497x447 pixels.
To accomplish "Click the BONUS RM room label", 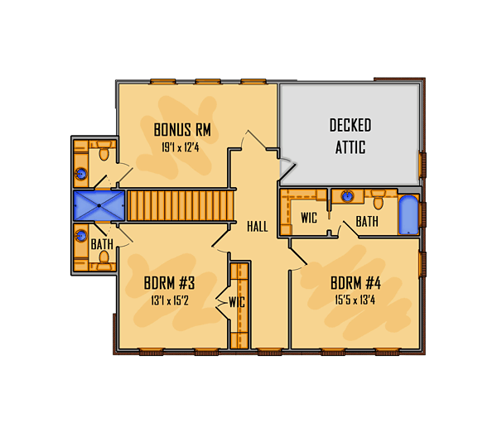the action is [x=182, y=130].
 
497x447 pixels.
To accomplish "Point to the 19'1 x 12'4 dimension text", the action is [x=181, y=147].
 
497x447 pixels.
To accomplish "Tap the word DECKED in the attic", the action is [x=350, y=125].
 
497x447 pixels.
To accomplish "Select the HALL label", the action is [x=258, y=227].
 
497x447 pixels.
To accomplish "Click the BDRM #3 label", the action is [x=169, y=283].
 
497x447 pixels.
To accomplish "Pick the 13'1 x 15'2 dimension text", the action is [x=170, y=300].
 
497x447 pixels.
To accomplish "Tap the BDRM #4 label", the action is [x=355, y=283].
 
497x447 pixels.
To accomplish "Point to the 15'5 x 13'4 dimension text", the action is [x=355, y=300].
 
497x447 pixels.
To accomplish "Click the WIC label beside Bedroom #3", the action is [x=237, y=302].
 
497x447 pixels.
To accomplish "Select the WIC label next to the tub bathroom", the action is [x=309, y=218].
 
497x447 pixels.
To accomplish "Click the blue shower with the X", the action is [x=99, y=205].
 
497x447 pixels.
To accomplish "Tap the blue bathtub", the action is [x=408, y=214].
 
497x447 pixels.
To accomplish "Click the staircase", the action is [x=181, y=205].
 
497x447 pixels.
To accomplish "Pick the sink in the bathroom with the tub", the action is [x=347, y=196].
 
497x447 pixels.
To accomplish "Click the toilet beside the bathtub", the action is [x=379, y=199].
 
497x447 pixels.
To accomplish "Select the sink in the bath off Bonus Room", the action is [x=81, y=174].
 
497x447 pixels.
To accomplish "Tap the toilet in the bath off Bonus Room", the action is [x=104, y=151].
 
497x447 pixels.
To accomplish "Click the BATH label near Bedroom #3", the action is [x=102, y=244].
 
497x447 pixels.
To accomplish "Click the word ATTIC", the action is [x=350, y=147].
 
